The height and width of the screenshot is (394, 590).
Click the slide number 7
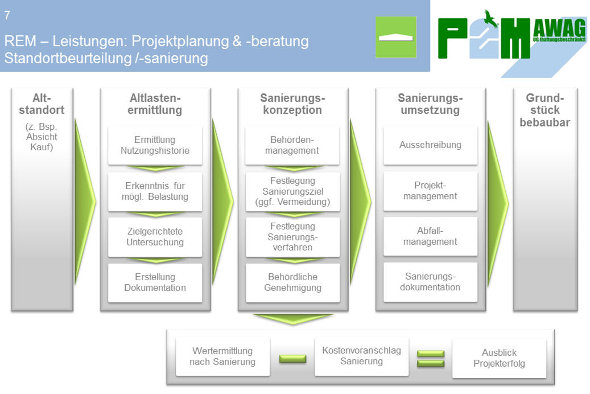click(x=7, y=15)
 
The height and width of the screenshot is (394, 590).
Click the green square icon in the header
click(x=396, y=37)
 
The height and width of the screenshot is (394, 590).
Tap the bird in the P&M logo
click(x=490, y=19)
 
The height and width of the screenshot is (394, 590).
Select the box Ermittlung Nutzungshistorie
click(x=155, y=145)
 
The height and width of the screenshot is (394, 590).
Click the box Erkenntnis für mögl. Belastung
click(x=155, y=191)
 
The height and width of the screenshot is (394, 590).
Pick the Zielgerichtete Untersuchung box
click(x=155, y=237)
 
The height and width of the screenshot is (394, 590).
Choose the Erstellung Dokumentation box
click(x=155, y=282)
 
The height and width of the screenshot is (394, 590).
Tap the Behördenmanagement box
click(x=292, y=145)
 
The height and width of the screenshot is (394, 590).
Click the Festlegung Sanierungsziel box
click(x=293, y=191)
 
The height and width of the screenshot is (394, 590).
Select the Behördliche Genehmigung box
click(x=293, y=282)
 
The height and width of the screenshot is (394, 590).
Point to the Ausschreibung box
click(x=431, y=145)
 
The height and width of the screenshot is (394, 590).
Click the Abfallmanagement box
click(x=431, y=236)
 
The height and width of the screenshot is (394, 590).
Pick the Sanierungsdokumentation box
click(x=431, y=282)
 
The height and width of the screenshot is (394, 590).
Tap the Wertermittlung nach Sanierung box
click(x=223, y=356)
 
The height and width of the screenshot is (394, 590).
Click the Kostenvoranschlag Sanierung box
click(x=362, y=356)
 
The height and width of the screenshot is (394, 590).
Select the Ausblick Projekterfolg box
click(x=500, y=358)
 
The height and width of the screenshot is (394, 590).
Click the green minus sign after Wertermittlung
click(x=292, y=359)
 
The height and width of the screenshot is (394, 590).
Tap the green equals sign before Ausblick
click(x=431, y=359)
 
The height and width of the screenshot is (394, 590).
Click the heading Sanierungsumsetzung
click(x=431, y=104)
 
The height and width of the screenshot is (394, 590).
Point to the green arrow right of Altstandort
click(x=85, y=202)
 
